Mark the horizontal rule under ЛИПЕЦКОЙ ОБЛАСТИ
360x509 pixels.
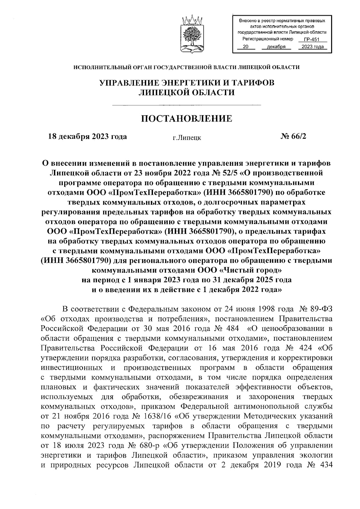(187, 105)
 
